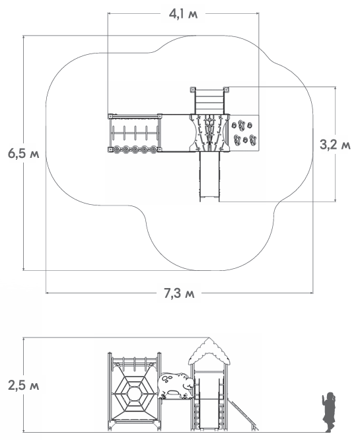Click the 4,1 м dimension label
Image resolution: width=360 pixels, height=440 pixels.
coord(183,14)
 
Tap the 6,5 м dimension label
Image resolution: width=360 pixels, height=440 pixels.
coord(24,154)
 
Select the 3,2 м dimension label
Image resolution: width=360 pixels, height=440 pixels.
coord(335,145)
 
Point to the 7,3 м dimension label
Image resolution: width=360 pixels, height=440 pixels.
coord(179,293)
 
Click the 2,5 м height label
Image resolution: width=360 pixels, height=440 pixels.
coord(24,386)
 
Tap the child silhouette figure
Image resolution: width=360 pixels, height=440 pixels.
coord(328,412)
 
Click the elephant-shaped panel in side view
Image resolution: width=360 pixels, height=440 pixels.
coord(175,385)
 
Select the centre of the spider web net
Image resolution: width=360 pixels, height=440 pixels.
coord(134,393)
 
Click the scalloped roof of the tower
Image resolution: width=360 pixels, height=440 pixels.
coord(209,351)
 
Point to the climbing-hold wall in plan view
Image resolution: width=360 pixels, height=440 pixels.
coord(244,133)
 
